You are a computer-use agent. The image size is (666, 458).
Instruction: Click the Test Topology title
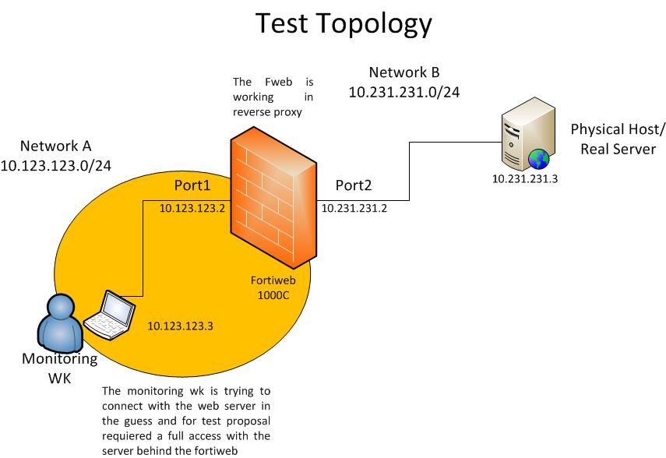[x=344, y=25]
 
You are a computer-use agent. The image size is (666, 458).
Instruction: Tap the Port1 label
[x=192, y=186]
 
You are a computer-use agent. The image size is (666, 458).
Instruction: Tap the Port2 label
[x=354, y=186]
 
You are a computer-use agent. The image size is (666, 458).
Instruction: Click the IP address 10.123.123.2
[x=192, y=209]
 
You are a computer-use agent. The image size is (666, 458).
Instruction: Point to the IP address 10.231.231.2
[x=354, y=209]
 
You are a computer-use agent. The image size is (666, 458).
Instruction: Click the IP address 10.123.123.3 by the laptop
[x=180, y=326]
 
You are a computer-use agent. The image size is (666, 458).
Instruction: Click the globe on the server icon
[x=537, y=159]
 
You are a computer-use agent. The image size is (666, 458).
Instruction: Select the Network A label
[x=55, y=146]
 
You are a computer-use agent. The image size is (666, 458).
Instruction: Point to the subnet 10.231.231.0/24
[x=403, y=93]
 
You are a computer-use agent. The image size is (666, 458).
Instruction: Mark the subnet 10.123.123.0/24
[x=55, y=165]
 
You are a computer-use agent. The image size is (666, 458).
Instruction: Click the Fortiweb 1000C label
[x=270, y=287]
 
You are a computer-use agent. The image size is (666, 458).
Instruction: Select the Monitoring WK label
[x=59, y=368]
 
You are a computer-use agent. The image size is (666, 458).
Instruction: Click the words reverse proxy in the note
[x=266, y=112]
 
